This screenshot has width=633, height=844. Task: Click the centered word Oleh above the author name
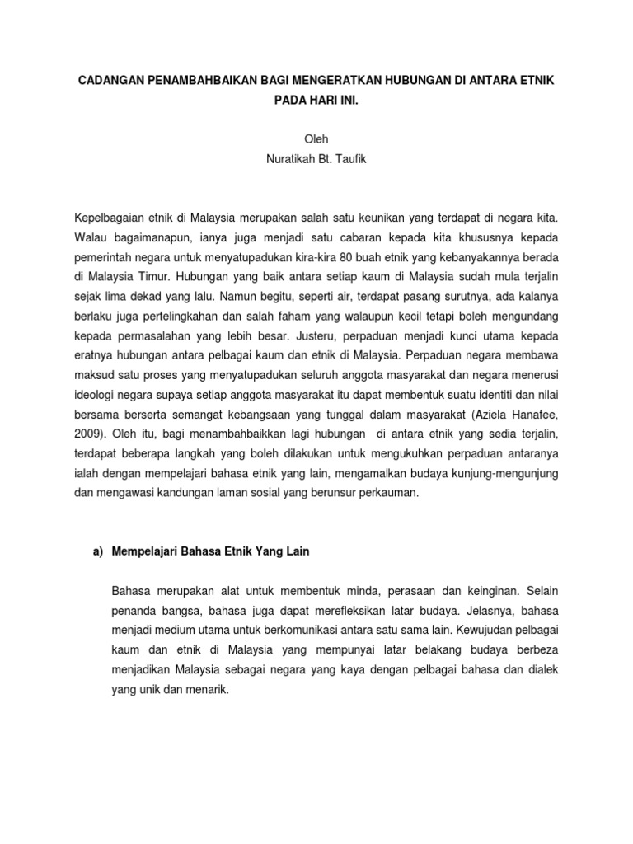pos(316,140)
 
